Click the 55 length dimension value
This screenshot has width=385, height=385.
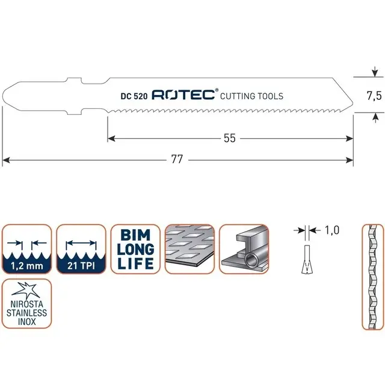[x=229, y=138]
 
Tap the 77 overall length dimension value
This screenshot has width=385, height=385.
[x=177, y=160]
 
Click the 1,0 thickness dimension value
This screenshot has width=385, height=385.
[x=331, y=230]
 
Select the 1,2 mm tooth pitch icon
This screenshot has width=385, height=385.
[x=27, y=249]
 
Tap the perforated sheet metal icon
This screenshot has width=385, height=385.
[x=189, y=249]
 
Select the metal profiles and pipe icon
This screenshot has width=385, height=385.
[x=244, y=249]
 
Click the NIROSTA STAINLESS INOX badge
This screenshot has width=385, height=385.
[x=27, y=304]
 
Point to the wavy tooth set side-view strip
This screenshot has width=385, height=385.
[x=371, y=277]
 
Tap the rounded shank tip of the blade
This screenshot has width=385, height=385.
[x=7, y=96]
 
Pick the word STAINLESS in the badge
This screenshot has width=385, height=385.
[x=27, y=312]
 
